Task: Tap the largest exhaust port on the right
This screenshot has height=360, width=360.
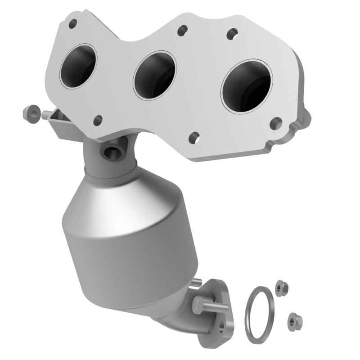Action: click(x=247, y=86)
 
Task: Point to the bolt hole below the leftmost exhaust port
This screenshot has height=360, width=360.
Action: click(x=97, y=120)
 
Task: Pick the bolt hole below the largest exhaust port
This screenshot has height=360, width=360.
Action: click(x=276, y=123)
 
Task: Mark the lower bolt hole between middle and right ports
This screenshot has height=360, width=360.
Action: click(x=194, y=137)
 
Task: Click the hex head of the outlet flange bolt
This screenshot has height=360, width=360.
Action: click(x=199, y=306)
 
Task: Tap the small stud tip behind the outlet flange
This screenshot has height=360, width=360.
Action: click(x=197, y=283)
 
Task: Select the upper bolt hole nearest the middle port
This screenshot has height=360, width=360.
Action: click(x=182, y=31)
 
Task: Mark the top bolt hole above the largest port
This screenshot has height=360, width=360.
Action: click(x=232, y=33)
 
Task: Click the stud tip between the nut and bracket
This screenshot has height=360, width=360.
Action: click(x=45, y=116)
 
